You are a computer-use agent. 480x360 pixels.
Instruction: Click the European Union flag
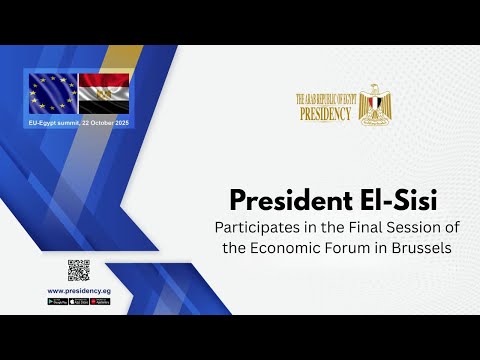coord(51,94)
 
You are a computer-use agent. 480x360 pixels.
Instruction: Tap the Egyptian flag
coord(104,94)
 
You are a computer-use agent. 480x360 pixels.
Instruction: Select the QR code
coord(79,271)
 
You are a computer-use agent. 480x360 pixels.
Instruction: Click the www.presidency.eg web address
coord(79,290)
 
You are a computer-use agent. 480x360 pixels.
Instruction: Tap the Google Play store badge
coord(57,301)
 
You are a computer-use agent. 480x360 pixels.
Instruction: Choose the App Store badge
coord(79,301)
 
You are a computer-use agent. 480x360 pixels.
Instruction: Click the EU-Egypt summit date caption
coord(78,120)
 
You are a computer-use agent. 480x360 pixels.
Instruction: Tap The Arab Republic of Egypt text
coord(326,99)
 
